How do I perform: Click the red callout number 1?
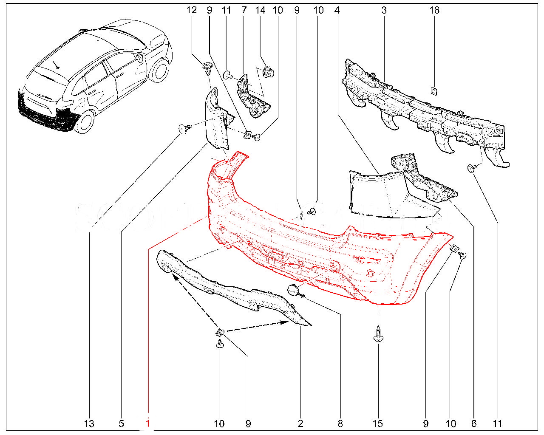coord(147,423)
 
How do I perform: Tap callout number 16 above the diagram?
coord(434,10)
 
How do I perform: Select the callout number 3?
coord(384,10)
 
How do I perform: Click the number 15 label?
coord(378,424)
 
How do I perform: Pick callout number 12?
coord(191,10)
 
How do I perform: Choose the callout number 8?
coord(340,424)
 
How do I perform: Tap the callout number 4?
coord(337,10)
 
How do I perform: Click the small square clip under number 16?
coord(434,91)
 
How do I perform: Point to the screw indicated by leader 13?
coord(185,128)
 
